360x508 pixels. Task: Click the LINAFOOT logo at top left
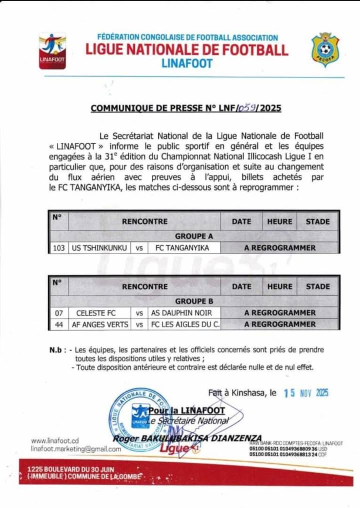52,50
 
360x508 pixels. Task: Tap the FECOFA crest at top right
325,49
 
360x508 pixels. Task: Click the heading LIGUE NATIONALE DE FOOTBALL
187,50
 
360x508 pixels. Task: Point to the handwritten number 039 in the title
247,107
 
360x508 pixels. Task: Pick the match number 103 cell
59,247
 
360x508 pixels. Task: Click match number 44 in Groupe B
59,324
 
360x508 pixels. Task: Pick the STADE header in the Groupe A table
317,221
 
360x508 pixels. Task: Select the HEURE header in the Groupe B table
279,286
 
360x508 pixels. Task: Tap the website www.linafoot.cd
55,441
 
